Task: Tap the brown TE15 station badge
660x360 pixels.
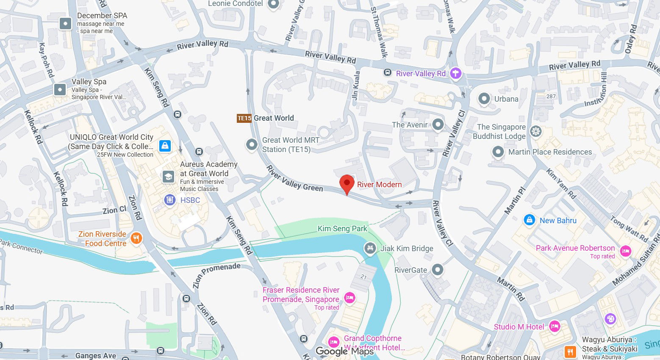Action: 244,118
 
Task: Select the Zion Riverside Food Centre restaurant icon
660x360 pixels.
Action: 136,238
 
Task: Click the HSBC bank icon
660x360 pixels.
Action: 170,200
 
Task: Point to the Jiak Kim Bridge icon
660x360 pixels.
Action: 370,248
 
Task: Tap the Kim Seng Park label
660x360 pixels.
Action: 342,229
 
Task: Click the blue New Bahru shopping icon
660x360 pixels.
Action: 529,220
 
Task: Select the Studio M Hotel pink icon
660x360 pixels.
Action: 555,327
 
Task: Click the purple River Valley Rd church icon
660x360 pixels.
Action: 455,73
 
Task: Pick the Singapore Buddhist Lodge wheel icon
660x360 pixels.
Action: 536,132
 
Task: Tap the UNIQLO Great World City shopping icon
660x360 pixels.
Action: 165,146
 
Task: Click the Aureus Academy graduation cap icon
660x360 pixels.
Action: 168,177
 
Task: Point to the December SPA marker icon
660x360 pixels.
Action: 65,23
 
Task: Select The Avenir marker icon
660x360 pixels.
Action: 438,125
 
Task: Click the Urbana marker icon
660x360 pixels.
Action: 484,99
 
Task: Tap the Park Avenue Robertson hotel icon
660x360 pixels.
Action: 625,251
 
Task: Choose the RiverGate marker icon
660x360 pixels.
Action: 437,270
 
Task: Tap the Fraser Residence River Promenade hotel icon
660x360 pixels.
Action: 349,298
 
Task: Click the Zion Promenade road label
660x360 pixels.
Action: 216,274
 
